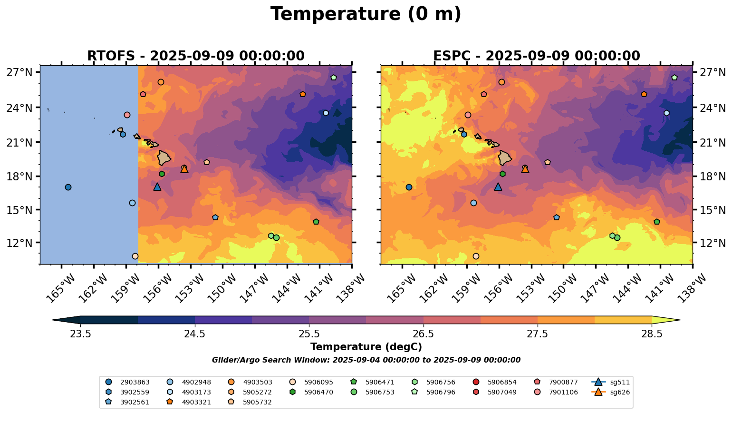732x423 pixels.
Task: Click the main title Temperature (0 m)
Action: point(366,14)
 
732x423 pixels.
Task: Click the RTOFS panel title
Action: point(195,56)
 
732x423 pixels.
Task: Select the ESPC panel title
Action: point(536,56)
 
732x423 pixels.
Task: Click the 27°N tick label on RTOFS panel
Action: point(19,72)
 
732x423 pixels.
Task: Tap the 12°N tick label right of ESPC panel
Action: point(713,243)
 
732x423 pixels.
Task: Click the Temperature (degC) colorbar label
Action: point(366,347)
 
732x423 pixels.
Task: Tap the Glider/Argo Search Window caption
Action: point(366,360)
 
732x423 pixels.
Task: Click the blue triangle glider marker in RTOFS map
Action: point(157,187)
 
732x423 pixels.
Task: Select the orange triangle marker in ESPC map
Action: point(525,169)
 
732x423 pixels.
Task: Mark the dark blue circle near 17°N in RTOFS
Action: point(68,187)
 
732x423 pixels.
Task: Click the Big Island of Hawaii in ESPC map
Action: point(504,157)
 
